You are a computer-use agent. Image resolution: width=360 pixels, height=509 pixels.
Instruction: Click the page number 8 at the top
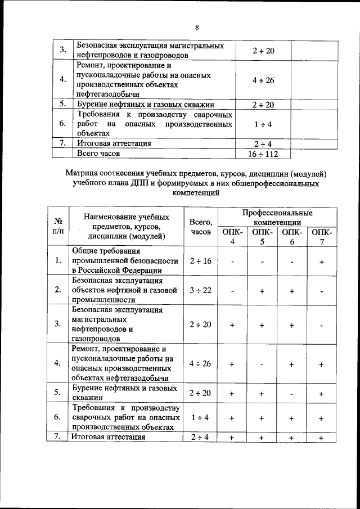197,28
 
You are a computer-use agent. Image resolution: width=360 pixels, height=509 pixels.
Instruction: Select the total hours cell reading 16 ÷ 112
263,153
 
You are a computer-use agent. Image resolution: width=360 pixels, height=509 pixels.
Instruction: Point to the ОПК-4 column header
232,236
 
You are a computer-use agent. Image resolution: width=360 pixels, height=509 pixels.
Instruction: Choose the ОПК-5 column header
262,236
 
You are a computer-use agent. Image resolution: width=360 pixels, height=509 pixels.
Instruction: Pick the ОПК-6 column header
291,236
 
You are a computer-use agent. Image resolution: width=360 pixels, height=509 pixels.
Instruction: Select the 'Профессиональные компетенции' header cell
277,218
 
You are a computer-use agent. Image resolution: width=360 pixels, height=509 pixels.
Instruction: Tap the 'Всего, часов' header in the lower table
201,227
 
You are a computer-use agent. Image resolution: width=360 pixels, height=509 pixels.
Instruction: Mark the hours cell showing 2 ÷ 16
201,261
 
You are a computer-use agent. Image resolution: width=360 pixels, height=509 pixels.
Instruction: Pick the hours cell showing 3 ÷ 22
201,290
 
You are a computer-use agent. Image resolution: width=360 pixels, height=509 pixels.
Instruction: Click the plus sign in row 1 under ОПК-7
321,262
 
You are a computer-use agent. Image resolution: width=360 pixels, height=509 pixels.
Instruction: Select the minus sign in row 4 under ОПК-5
262,364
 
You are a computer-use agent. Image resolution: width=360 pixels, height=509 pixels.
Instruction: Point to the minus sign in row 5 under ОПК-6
291,394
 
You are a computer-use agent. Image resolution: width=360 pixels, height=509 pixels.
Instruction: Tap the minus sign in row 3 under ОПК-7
321,325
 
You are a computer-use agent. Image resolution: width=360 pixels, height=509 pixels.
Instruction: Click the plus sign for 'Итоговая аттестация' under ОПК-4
232,438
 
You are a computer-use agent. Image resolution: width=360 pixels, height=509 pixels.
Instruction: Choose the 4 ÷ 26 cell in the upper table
263,80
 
